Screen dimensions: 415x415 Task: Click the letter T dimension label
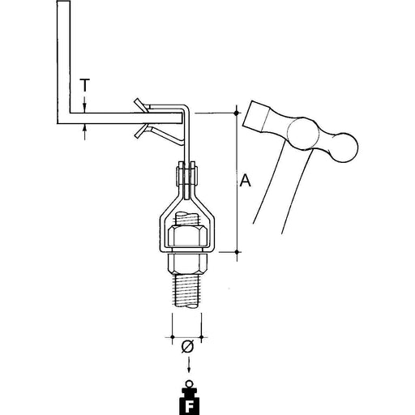84,85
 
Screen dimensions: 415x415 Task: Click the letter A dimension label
246,180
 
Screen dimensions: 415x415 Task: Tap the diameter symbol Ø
188,347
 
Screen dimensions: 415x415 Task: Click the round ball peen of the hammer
344,148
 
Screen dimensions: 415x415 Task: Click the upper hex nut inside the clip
187,236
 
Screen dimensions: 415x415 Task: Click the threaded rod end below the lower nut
187,290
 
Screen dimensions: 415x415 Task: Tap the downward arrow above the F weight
189,364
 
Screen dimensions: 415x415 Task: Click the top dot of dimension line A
237,113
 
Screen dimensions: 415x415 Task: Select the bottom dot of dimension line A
237,252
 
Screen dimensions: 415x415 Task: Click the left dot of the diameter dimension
173,337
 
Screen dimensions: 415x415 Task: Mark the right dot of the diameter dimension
202,337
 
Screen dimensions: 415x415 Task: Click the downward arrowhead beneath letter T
85,109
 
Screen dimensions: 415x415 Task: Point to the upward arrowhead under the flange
85,128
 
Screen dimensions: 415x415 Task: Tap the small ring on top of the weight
189,384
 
